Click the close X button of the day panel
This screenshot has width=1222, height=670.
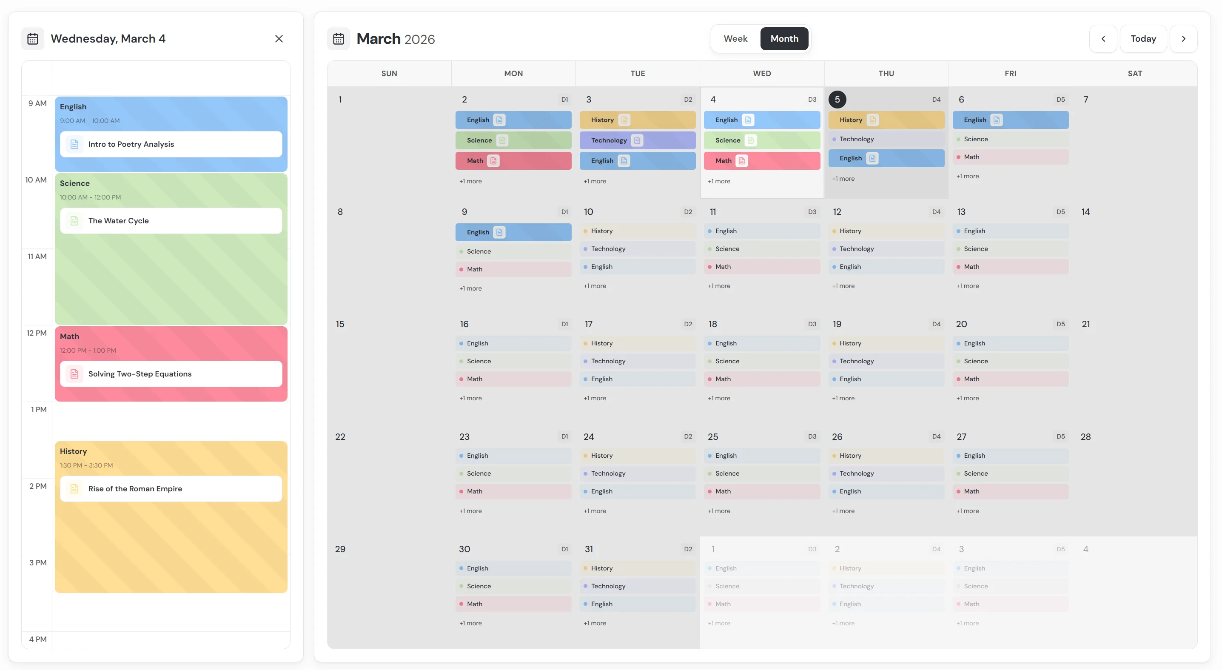(279, 39)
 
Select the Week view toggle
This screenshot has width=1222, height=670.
(735, 39)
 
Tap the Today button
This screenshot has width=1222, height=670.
(1143, 39)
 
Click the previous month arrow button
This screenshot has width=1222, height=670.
(1103, 39)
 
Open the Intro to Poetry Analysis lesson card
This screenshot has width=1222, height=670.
(171, 144)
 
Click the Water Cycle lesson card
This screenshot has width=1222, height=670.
(171, 221)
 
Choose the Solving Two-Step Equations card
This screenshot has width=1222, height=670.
(171, 374)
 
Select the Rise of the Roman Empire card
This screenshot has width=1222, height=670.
(171, 489)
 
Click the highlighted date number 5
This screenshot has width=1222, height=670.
(837, 100)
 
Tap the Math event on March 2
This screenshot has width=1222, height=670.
(513, 161)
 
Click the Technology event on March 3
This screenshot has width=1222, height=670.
(638, 140)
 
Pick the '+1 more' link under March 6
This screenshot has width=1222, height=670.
(967, 176)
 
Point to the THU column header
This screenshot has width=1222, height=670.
(886, 74)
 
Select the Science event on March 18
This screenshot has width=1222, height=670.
(762, 361)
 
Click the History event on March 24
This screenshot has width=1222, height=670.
(638, 456)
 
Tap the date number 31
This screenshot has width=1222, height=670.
(589, 549)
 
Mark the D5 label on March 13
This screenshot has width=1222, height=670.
(1060, 211)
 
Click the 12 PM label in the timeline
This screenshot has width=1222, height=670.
(37, 333)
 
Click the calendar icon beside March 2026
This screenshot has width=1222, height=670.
(338, 39)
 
